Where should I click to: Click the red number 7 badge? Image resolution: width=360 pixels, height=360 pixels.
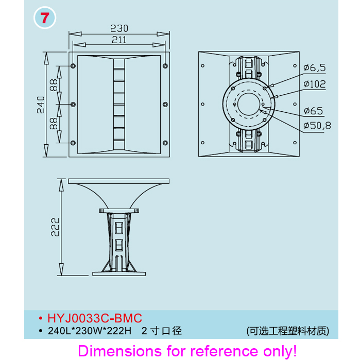point(45,18)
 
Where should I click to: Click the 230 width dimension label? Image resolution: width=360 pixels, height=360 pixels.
point(119,28)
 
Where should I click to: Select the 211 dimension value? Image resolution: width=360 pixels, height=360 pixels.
point(119,40)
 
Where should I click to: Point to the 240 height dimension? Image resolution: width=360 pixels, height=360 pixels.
point(41,105)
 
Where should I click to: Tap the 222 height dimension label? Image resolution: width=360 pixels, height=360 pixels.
point(55,227)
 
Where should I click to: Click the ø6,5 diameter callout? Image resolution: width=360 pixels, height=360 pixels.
point(315,68)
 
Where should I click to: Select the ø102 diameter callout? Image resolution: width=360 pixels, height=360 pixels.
point(315,84)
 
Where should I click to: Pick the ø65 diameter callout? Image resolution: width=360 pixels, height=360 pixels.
point(314,111)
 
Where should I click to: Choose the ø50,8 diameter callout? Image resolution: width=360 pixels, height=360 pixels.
point(317,126)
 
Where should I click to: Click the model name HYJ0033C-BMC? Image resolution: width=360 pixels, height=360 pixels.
point(95,318)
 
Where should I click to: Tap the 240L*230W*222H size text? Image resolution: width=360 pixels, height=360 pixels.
point(90,331)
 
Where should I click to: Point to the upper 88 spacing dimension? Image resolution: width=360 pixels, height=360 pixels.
point(54,85)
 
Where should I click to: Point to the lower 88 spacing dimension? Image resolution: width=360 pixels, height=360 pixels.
point(54,124)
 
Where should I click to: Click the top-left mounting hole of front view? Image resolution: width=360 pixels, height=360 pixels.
point(73,66)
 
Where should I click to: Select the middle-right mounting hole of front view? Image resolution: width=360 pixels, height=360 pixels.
point(165,105)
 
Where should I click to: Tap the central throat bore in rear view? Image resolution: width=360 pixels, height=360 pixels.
point(249,104)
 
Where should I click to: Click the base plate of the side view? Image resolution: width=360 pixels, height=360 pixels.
point(119,274)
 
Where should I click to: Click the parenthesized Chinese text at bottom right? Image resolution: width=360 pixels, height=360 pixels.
point(288,331)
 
